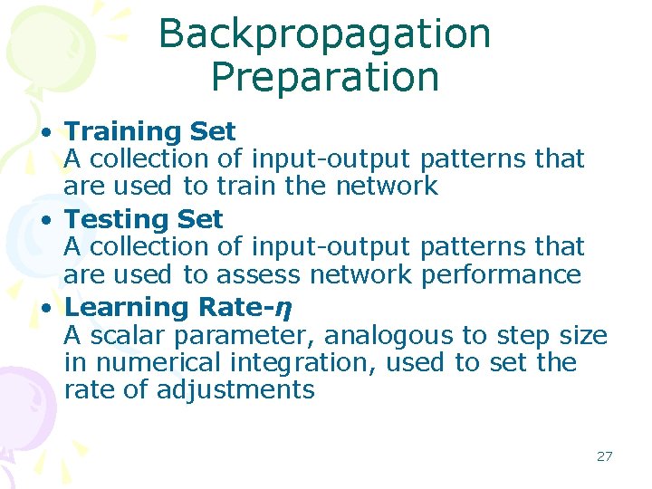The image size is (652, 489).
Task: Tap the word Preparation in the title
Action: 324,78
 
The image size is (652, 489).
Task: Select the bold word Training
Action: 125,132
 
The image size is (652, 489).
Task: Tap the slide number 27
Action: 604,456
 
